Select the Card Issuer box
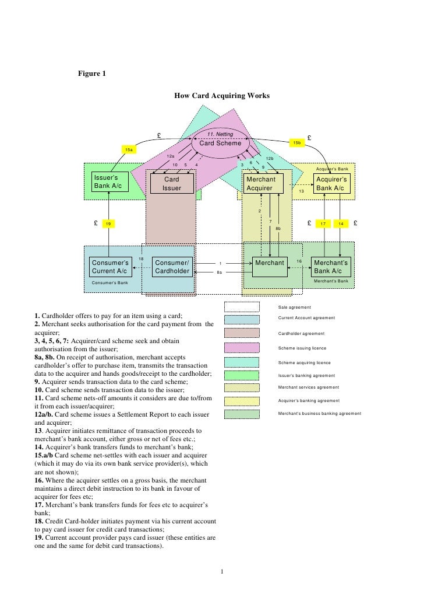[172, 184]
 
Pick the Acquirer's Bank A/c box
[331, 184]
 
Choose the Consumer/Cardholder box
[172, 267]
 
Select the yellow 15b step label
[297, 143]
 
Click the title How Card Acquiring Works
[222, 95]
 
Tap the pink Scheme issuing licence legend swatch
[242, 348]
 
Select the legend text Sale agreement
[295, 308]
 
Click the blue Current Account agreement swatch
[242, 319]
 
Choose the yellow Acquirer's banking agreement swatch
[242, 401]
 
